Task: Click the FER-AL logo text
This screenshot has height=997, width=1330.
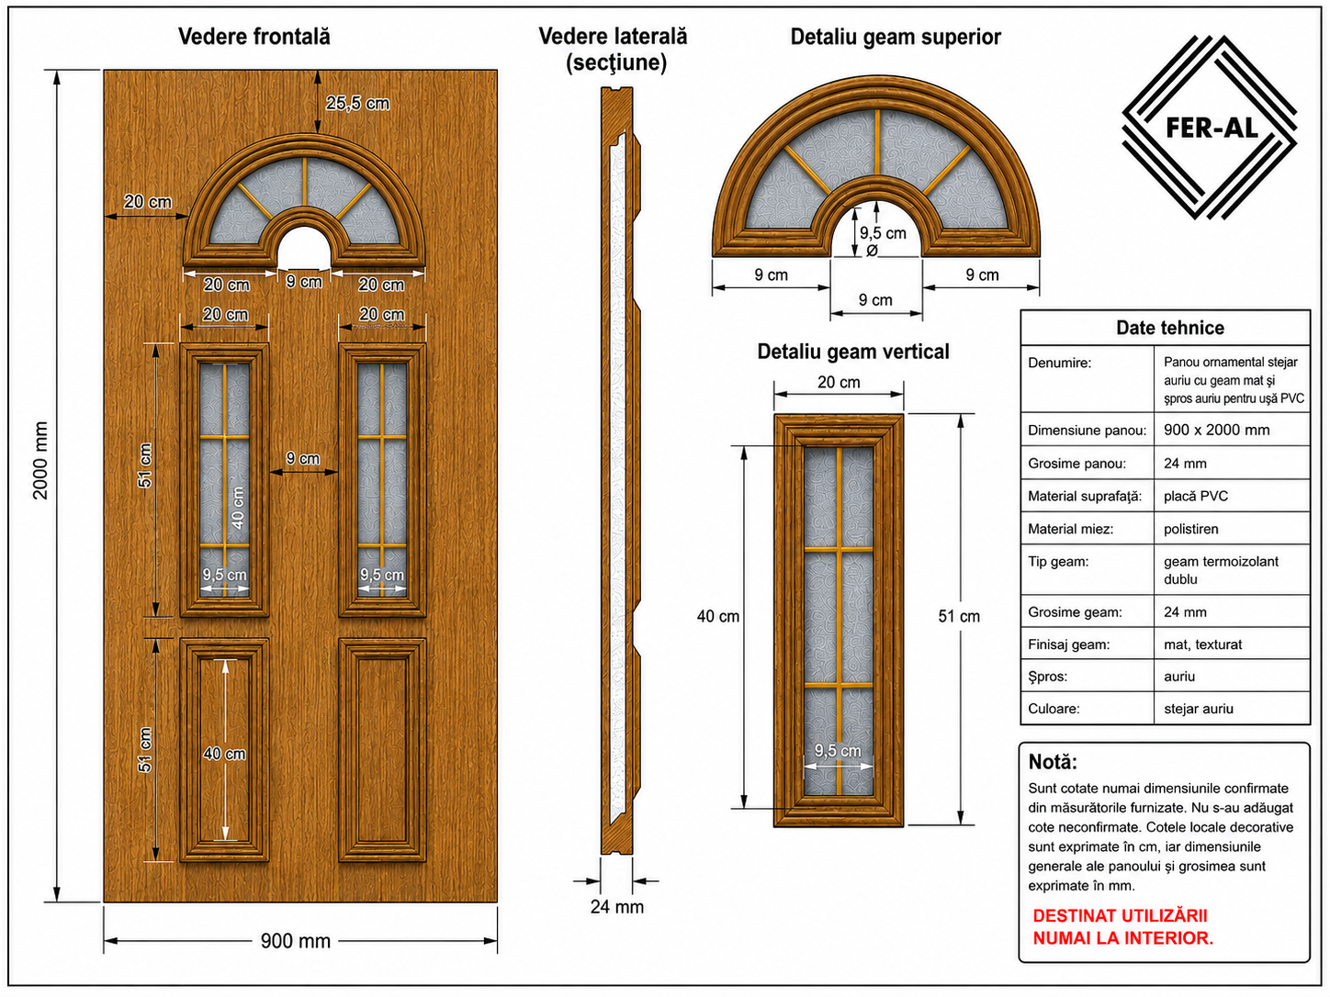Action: (x=1212, y=128)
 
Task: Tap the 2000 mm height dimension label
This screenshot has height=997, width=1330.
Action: (x=40, y=461)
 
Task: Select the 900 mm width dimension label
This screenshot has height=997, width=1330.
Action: (x=296, y=941)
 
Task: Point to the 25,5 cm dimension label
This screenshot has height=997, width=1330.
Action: (x=357, y=104)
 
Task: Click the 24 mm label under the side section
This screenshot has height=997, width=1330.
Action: (x=617, y=907)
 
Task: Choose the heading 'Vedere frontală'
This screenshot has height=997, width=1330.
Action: (x=254, y=37)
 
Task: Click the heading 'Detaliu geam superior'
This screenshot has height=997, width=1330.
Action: (x=896, y=37)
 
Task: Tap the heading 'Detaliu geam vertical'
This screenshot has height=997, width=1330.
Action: (x=853, y=352)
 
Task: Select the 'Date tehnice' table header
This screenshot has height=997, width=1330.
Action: (x=1170, y=328)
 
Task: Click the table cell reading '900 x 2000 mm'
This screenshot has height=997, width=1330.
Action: (x=1216, y=430)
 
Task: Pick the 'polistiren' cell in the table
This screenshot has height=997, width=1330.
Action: (x=1190, y=529)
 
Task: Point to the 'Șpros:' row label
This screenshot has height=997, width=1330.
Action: (x=1048, y=677)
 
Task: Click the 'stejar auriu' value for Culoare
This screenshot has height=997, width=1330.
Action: (x=1198, y=708)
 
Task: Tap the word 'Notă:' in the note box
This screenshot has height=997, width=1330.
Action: (x=1053, y=762)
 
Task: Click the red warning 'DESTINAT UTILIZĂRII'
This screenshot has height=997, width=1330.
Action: (x=1121, y=916)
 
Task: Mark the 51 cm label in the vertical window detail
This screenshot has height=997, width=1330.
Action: (x=959, y=616)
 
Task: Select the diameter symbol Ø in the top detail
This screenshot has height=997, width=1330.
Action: (x=872, y=251)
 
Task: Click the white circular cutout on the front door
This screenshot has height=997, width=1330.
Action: (x=304, y=248)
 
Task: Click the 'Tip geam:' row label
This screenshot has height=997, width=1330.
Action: (x=1058, y=561)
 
